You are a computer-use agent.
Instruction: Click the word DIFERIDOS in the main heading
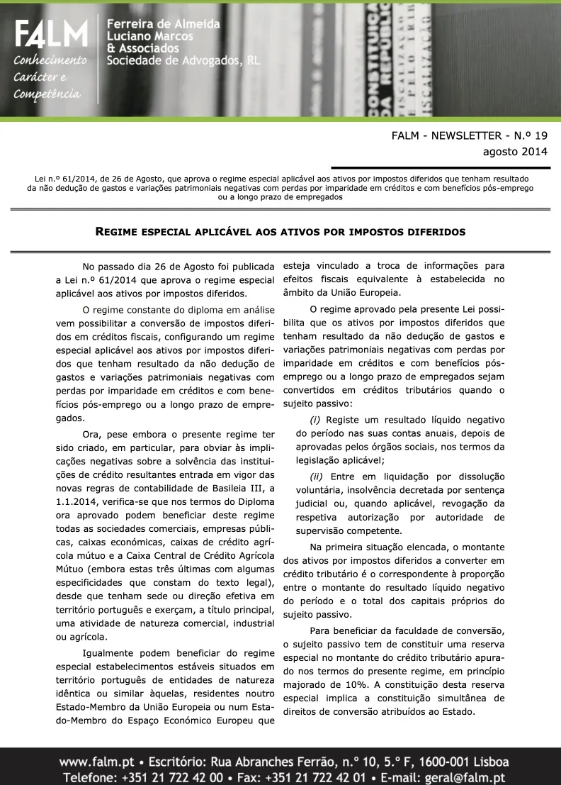[435, 232]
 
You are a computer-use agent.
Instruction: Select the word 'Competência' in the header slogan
[47, 94]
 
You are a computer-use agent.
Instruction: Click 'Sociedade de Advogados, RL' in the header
[183, 61]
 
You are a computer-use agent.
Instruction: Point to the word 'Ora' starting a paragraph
[92, 433]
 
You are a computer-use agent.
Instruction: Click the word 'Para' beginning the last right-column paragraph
[322, 631]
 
